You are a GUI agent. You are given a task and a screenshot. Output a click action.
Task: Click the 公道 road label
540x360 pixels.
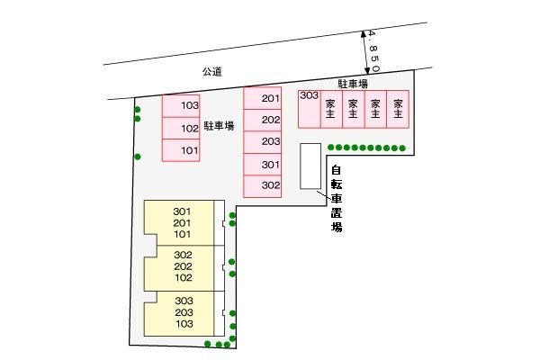(x=211, y=72)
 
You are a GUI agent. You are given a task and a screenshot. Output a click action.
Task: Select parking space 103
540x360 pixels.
(x=181, y=106)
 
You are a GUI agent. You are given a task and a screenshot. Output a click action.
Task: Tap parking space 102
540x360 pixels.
(x=181, y=128)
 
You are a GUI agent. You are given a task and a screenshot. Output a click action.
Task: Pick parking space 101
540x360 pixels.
(x=181, y=150)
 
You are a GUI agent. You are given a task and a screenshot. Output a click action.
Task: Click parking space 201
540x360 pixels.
(x=263, y=98)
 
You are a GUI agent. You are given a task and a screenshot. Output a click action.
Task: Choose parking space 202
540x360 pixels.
(x=263, y=121)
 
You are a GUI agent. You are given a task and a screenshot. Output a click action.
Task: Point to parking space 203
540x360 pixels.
(x=263, y=142)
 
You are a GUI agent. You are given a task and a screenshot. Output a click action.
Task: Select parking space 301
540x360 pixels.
(x=263, y=165)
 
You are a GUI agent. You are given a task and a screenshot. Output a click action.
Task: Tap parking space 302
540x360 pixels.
(x=263, y=186)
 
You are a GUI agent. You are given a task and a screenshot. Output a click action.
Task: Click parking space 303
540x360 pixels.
(x=310, y=109)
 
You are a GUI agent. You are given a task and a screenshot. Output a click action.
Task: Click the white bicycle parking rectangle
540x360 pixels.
(x=310, y=166)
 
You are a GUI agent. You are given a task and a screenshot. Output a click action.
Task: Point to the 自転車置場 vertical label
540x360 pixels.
(x=337, y=199)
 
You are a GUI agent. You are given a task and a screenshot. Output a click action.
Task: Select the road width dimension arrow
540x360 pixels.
(x=365, y=52)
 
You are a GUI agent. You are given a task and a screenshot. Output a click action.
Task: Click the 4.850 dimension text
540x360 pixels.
(x=373, y=51)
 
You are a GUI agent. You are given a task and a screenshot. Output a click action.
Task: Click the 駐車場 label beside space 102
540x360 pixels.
(x=219, y=126)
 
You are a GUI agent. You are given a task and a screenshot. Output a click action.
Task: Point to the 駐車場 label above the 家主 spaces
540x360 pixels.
(x=353, y=84)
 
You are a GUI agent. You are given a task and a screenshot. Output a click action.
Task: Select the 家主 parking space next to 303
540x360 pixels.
(x=331, y=109)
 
